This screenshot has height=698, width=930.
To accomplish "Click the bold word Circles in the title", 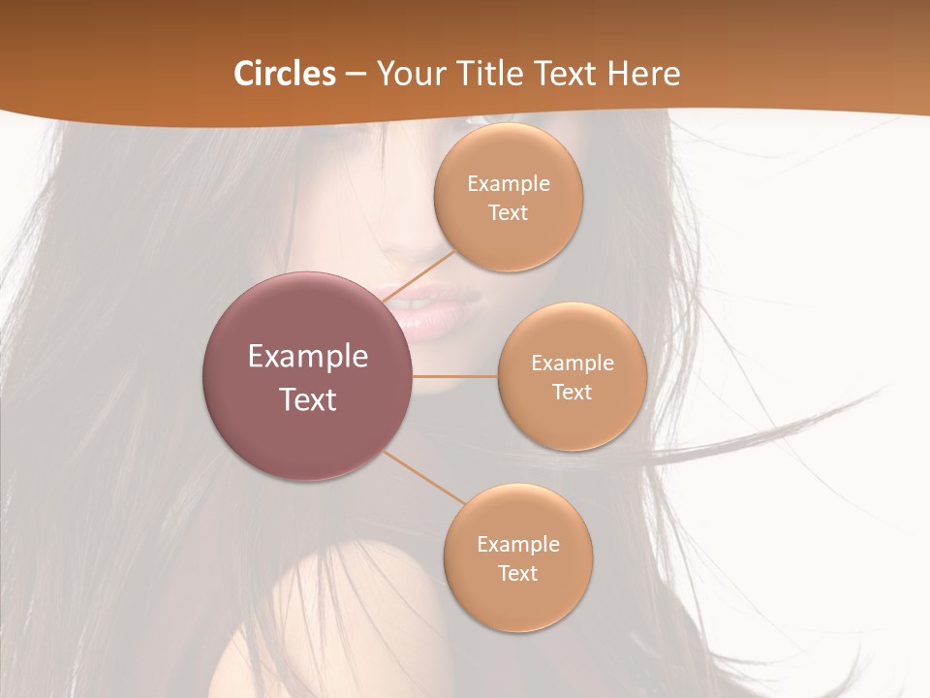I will coord(285,74).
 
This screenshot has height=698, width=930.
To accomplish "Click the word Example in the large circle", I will coord(308,357).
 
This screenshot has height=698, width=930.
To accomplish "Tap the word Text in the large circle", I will coord(308,399).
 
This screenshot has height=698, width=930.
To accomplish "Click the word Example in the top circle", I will coord(509,184).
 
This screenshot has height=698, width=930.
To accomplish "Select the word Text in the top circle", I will coord(509,213).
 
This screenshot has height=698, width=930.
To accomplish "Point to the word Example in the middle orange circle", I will coord(573,364).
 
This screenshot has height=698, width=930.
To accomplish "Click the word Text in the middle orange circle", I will coord(573,393).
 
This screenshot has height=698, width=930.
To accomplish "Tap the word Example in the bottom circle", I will coord(518,545).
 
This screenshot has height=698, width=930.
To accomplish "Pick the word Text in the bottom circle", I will coord(518,574).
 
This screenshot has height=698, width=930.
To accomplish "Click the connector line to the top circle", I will coord(422,275).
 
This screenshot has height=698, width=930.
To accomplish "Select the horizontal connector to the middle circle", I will coord(454,376).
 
